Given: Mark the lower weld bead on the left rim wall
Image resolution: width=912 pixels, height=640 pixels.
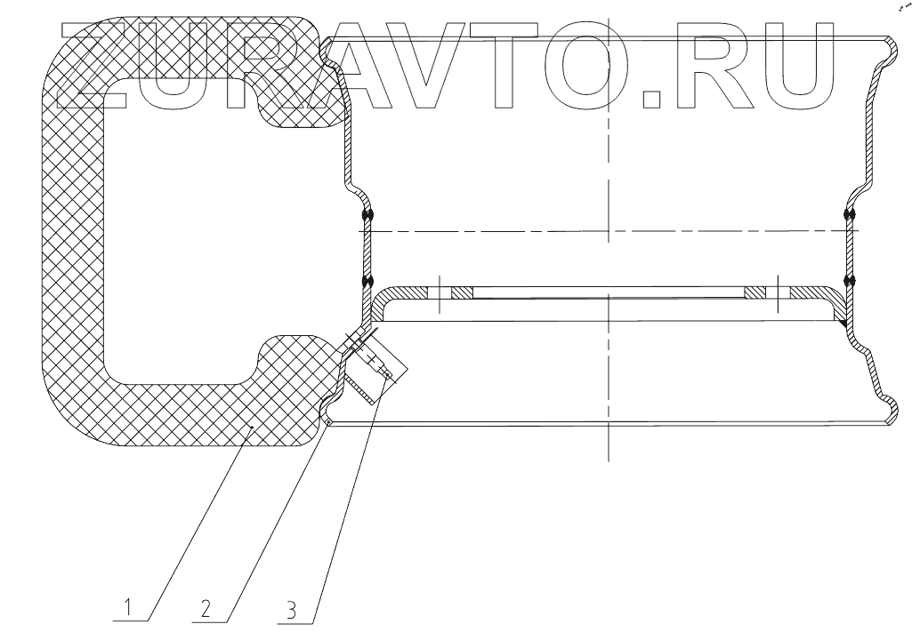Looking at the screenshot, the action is pos(367,283).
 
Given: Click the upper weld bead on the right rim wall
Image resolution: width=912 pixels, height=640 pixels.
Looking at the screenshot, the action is pos(850,215).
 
